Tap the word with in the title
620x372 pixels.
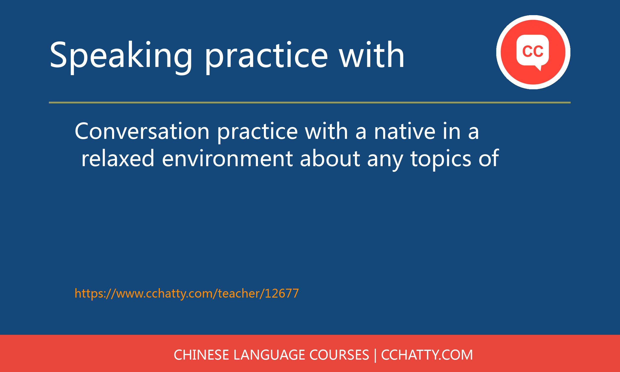click(x=372, y=54)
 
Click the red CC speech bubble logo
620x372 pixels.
click(x=533, y=52)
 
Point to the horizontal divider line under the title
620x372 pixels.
click(x=310, y=102)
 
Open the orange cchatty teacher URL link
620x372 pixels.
click(x=187, y=294)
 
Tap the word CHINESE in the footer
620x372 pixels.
click(x=201, y=355)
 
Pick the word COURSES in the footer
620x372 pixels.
click(x=339, y=355)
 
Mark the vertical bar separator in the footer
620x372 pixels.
click(x=375, y=355)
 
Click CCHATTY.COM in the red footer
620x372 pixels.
click(x=427, y=355)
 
